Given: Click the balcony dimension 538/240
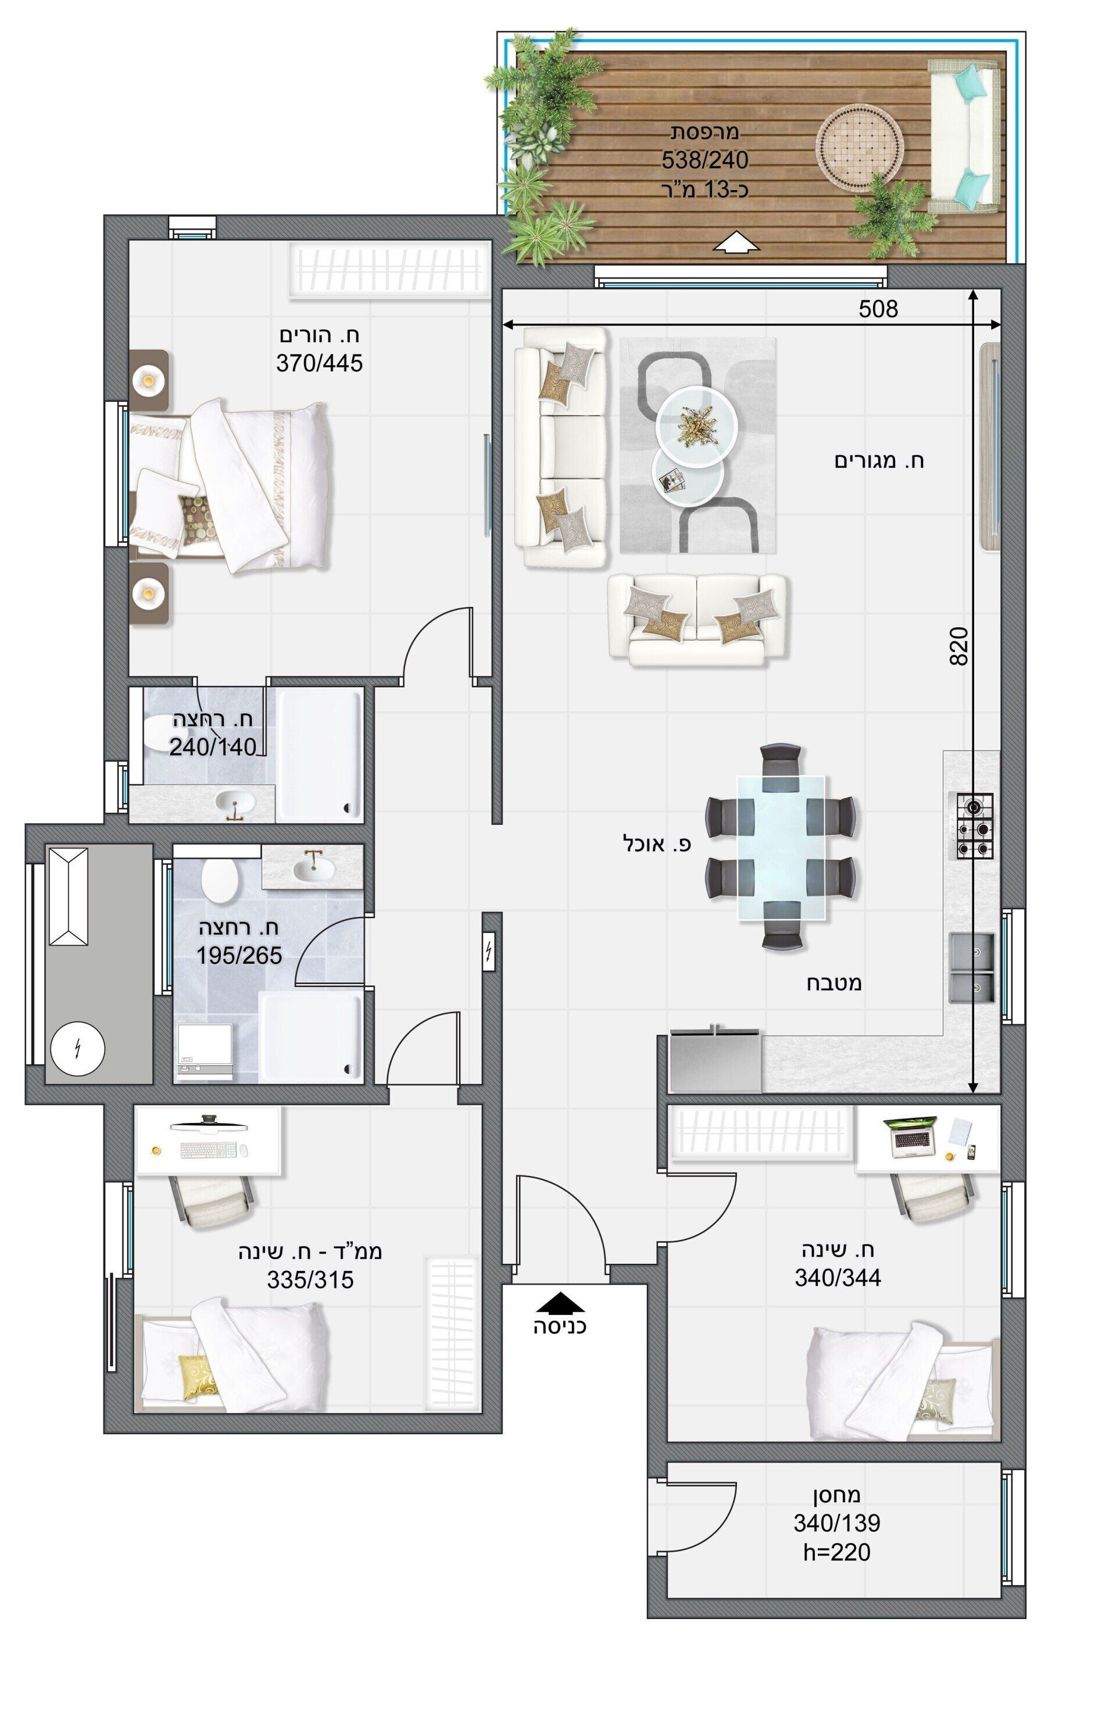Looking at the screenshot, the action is (x=704, y=159).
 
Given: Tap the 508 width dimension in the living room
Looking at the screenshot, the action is (x=878, y=309).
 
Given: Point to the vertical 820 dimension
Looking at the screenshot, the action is (x=958, y=646).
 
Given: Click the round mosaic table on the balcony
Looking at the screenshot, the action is (x=860, y=149).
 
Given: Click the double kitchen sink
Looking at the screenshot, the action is (x=971, y=967).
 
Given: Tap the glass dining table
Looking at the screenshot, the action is (x=781, y=848).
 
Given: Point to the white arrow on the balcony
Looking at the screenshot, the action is (x=736, y=243).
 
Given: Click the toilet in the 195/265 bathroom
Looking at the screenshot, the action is (x=220, y=881).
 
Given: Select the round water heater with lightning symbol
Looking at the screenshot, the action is (x=77, y=1048).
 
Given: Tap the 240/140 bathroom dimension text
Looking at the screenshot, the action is (x=213, y=746).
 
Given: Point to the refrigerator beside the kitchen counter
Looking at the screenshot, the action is (x=716, y=1060).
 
